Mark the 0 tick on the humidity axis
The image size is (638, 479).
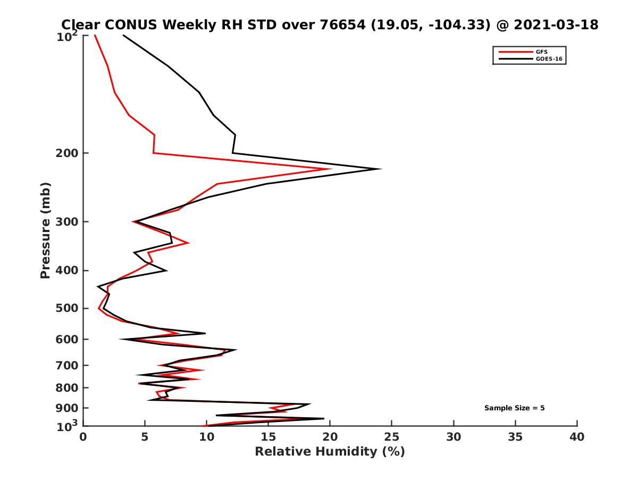pos(83,437)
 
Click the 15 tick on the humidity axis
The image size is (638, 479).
pos(268,437)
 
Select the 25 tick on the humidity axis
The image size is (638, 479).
pos(392,437)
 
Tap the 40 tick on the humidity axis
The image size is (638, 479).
pos(577,437)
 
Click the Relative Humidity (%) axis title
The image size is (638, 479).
pos(330,452)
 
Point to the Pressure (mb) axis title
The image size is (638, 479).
pos(45,230)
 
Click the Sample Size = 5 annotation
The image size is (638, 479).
pos(514,408)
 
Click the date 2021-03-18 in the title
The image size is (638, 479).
pos(554,24)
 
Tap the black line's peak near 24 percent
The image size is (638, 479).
pos(380,169)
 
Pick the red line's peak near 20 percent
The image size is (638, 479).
pos(331,169)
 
